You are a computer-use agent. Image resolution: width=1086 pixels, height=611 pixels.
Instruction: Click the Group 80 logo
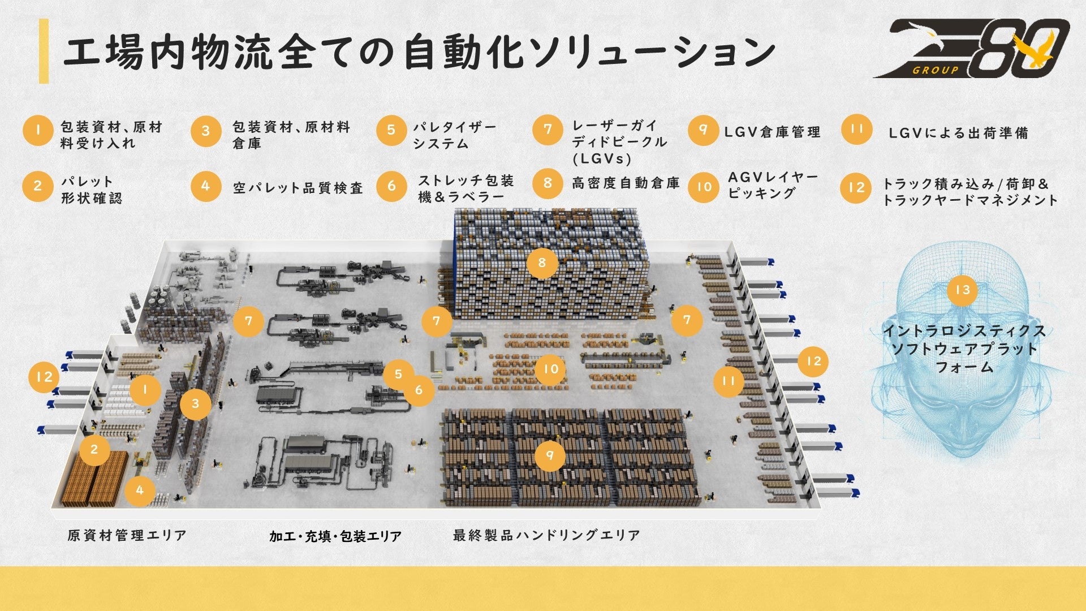click(x=971, y=48)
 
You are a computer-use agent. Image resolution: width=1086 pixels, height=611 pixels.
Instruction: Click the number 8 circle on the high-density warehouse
click(x=542, y=263)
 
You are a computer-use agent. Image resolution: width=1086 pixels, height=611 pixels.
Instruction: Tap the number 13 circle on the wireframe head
click(x=962, y=290)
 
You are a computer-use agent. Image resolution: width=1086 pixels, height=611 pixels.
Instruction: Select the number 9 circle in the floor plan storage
click(x=549, y=455)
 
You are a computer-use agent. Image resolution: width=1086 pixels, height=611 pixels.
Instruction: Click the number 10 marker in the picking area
click(x=550, y=369)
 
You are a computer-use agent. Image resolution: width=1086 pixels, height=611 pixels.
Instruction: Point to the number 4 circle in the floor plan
click(x=140, y=490)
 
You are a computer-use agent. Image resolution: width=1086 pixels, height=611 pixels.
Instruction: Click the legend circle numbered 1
click(x=38, y=131)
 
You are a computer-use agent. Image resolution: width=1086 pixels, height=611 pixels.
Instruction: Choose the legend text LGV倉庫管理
click(x=772, y=132)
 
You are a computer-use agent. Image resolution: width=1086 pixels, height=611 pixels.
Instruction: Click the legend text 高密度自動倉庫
click(x=626, y=183)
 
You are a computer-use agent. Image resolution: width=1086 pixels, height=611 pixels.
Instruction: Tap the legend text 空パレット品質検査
click(x=298, y=188)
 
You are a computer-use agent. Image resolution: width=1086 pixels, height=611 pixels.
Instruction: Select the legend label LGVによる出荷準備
click(x=958, y=134)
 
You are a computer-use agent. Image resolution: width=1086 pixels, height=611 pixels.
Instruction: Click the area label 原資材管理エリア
click(x=127, y=535)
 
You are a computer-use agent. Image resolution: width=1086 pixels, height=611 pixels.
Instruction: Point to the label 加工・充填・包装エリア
click(x=335, y=536)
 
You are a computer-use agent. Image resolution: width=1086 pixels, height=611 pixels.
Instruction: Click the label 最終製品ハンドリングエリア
click(x=546, y=535)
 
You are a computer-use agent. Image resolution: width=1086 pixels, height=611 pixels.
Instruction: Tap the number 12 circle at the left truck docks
click(x=44, y=377)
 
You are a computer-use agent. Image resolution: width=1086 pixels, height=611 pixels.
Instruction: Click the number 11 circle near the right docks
click(x=728, y=381)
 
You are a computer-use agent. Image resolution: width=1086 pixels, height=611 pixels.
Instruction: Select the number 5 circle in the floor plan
click(x=398, y=374)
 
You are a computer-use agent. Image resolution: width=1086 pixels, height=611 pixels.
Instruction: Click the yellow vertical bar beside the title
click(x=44, y=51)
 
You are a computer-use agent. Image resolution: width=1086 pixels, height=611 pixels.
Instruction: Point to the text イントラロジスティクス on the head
click(x=964, y=331)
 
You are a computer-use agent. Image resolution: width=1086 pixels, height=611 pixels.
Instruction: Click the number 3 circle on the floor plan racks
click(x=195, y=403)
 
